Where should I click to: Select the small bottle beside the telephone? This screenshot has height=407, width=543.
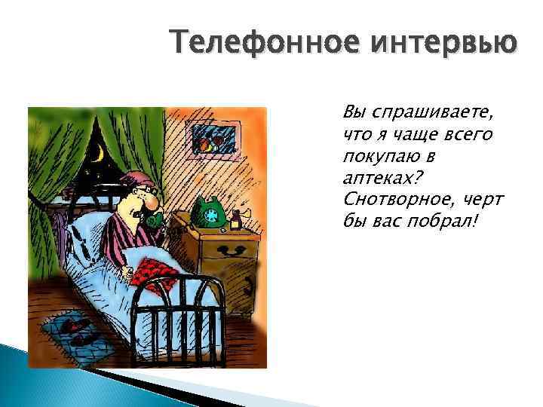(x=236, y=219)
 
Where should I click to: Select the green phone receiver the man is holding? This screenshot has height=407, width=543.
(x=155, y=219)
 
